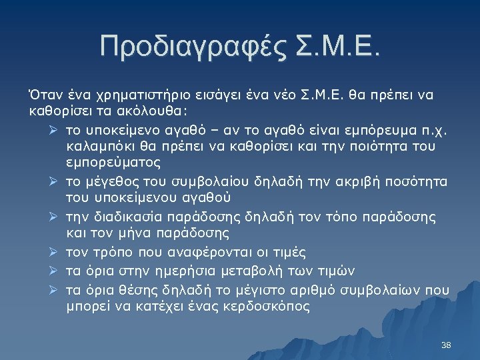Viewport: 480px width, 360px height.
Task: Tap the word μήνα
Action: point(134,233)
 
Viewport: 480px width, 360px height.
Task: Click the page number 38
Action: point(447,345)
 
